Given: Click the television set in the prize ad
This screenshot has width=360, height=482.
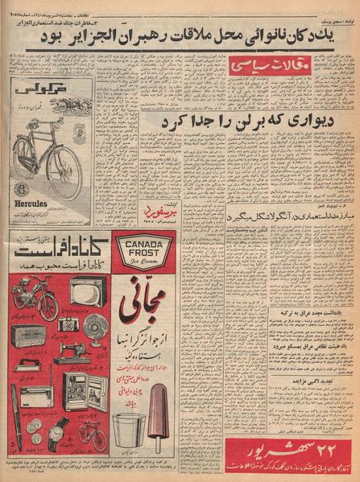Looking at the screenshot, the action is click(x=82, y=290).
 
